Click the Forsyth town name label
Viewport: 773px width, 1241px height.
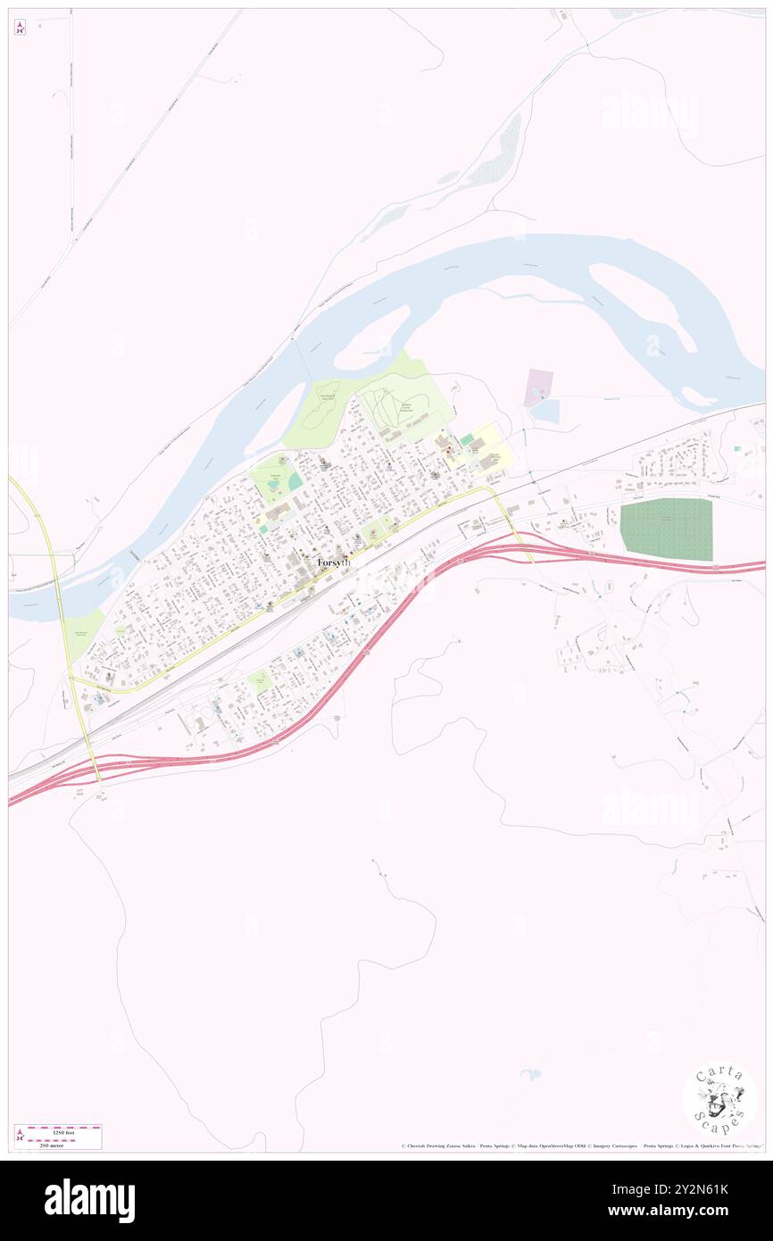coord(335,563)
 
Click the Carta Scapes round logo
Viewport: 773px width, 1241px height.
coord(720,1100)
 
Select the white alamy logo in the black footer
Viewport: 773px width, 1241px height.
coord(89,1201)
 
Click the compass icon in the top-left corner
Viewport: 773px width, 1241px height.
coord(21,29)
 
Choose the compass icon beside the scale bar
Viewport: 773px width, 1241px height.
coord(21,1136)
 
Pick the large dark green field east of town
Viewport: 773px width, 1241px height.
coord(666,529)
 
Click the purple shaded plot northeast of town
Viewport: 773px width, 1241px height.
coord(538,386)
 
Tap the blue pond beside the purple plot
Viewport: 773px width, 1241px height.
coord(547,412)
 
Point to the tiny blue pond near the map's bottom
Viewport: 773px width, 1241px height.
coord(530,1074)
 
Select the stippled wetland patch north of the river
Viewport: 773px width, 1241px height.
coord(501,153)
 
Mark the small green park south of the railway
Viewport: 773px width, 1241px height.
coord(260,682)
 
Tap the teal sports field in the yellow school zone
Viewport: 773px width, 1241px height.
coord(467,439)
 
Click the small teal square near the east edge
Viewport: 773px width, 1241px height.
coord(737,448)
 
